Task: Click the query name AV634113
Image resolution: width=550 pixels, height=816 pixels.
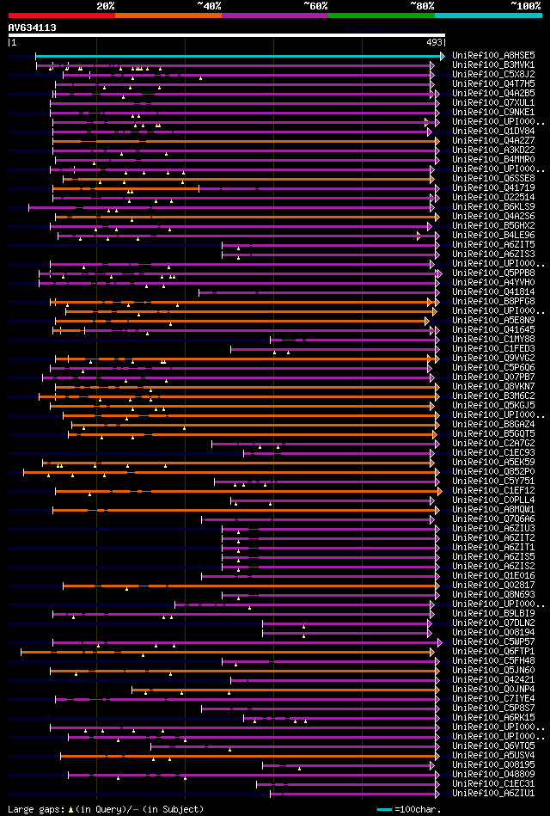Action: point(33,28)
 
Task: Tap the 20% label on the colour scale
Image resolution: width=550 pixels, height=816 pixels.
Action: point(106,6)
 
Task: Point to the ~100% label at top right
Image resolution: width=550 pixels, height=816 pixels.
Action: point(525,6)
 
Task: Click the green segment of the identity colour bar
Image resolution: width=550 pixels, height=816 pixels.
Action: point(381,15)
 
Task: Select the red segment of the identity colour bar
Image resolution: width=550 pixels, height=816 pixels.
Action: point(61,15)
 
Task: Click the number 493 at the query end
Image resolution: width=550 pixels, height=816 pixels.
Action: point(434,42)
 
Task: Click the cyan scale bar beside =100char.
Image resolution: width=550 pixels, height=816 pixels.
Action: point(384,809)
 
